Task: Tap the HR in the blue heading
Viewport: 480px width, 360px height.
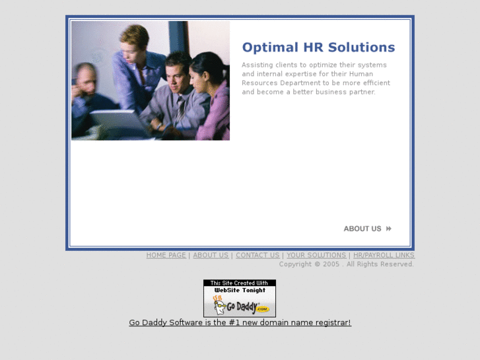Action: [x=312, y=48]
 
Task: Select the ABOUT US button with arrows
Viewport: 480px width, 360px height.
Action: [x=368, y=229]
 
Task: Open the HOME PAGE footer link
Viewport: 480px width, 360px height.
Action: [x=166, y=256]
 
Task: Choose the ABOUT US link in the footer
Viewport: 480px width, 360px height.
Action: [x=211, y=256]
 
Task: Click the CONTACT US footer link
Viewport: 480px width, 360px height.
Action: [x=257, y=256]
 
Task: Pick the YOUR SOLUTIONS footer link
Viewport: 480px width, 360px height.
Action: [x=316, y=256]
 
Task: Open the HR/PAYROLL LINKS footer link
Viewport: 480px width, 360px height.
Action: [x=384, y=256]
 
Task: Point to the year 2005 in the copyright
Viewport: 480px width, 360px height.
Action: [x=331, y=264]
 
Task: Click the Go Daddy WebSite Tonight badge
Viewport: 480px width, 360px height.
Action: [x=240, y=298]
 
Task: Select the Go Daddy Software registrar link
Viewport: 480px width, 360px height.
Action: [x=240, y=323]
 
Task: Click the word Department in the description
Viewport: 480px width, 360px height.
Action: [x=298, y=83]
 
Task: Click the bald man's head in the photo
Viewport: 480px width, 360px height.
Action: [x=85, y=76]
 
